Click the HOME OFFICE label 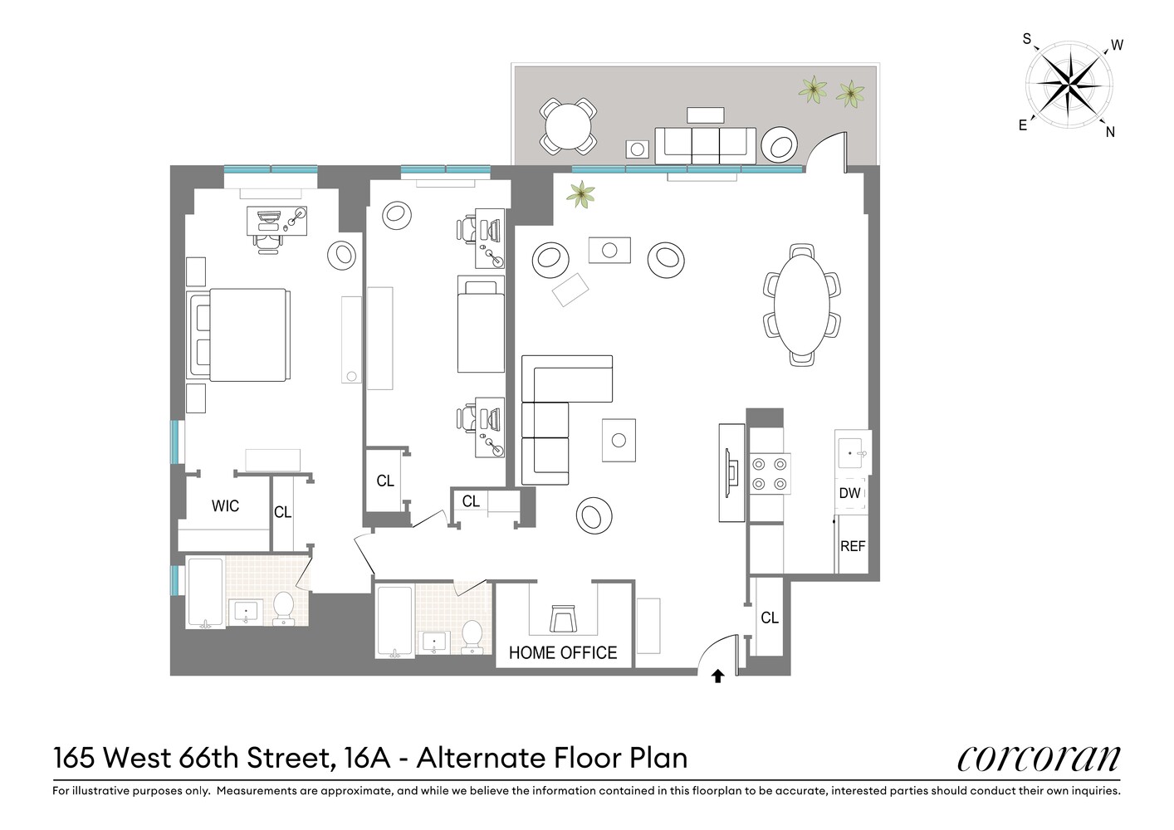tap(562, 653)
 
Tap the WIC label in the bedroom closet tap(225, 506)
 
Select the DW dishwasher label tap(849, 493)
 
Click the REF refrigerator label tap(853, 546)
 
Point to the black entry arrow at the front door tap(718, 676)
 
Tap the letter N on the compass tap(1110, 131)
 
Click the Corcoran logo tap(1038, 757)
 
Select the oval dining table tap(802, 305)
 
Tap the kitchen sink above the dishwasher tap(852, 453)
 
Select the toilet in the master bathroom tap(283, 608)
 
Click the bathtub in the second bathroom tap(394, 622)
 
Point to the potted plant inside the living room tap(580, 195)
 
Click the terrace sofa tap(705, 145)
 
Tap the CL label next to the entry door tap(770, 618)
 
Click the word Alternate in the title tap(478, 758)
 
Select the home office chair tap(562, 619)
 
